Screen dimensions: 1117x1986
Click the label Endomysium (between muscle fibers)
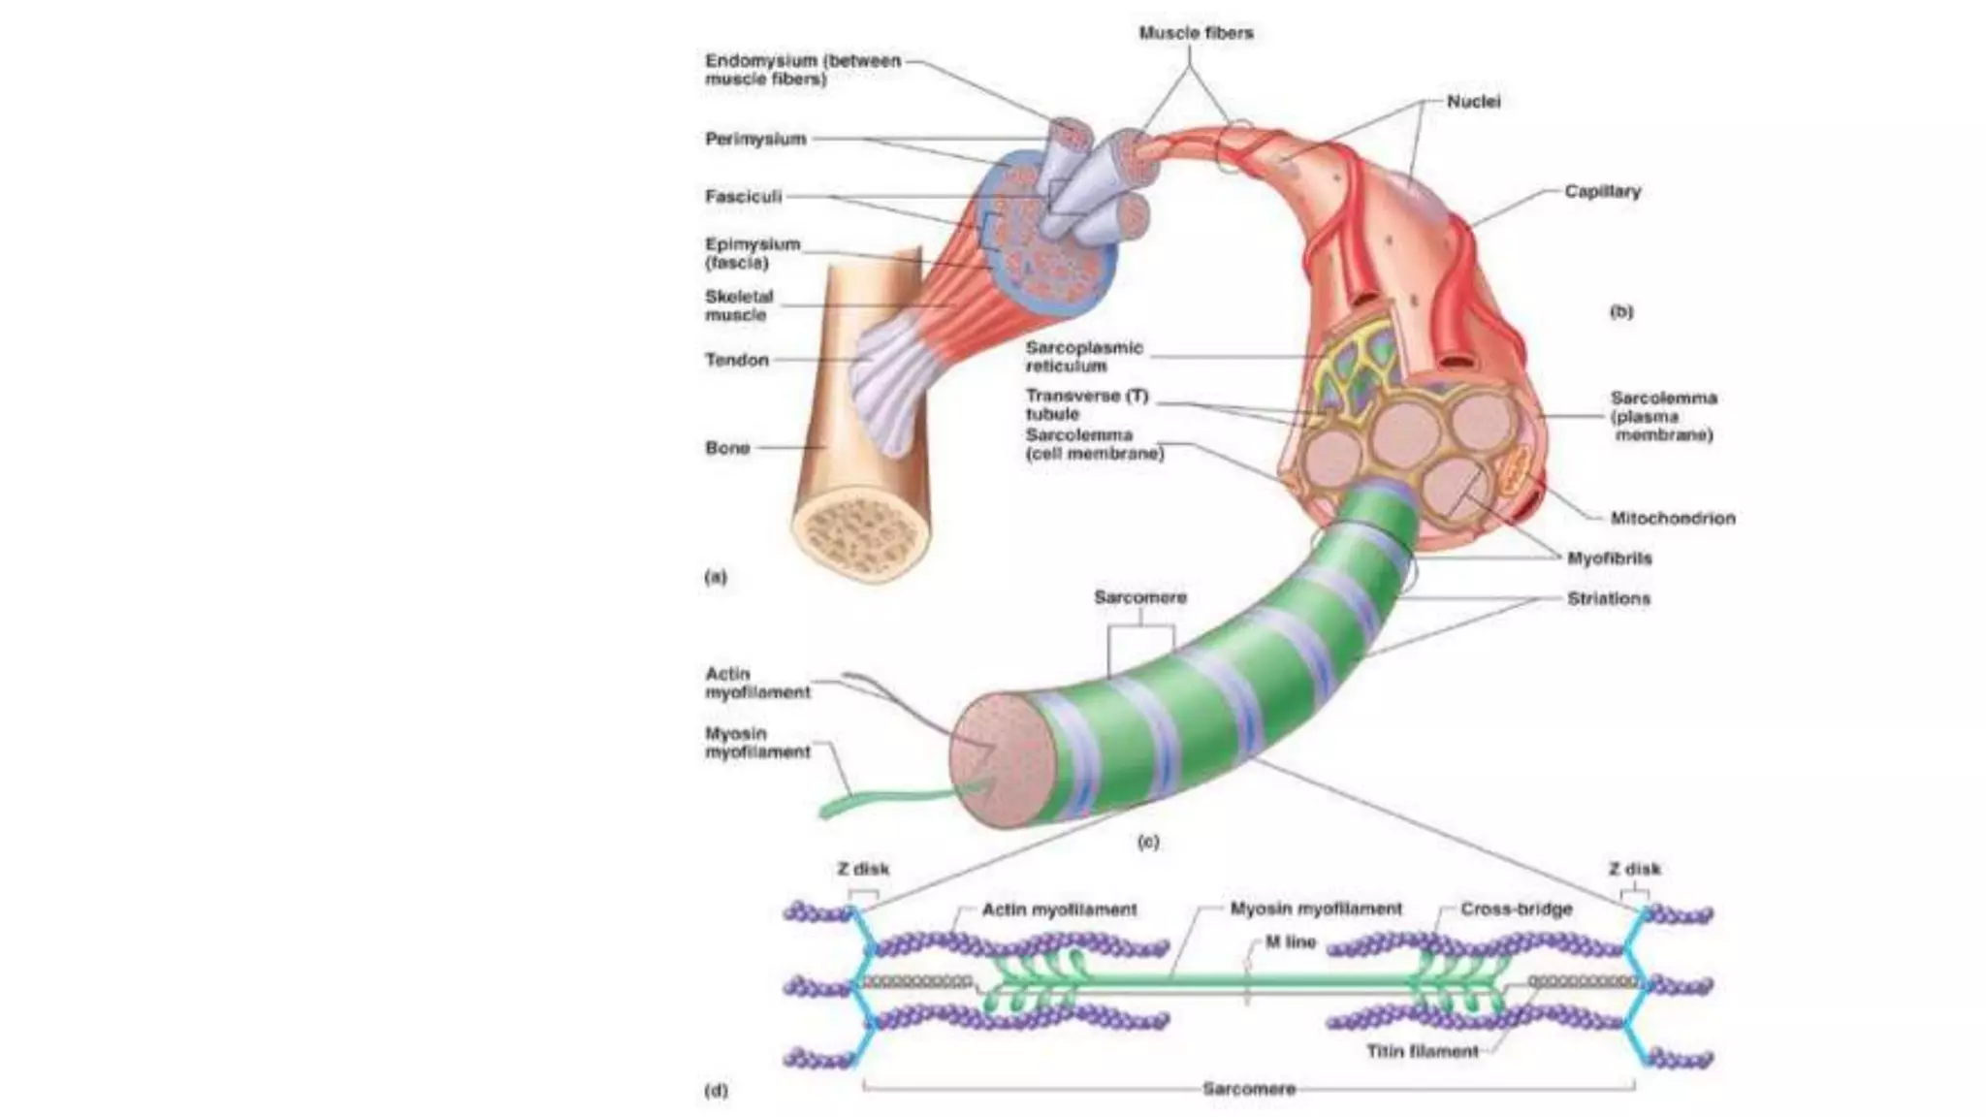[x=802, y=70]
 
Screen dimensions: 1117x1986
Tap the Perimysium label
[x=755, y=139]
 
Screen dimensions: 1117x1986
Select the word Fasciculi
[x=743, y=197]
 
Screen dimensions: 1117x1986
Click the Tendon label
[x=737, y=360]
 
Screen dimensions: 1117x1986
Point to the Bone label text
[x=727, y=448]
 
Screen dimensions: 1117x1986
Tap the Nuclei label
[x=1473, y=102]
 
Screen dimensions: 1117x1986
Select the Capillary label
[x=1602, y=192]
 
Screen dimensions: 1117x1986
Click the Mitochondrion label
[x=1673, y=518]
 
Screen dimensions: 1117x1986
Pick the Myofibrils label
[x=1609, y=558]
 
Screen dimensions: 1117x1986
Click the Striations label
[x=1608, y=599]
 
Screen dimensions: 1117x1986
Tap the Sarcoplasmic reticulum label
[x=1083, y=357]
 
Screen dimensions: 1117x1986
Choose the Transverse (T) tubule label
[x=1086, y=404]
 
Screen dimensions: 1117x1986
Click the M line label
[x=1290, y=941]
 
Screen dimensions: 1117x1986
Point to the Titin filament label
[x=1423, y=1051]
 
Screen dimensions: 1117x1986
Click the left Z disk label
[x=863, y=869]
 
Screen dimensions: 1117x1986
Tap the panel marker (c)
[x=1147, y=842]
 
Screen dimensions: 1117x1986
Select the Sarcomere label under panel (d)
[x=1248, y=1089]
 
